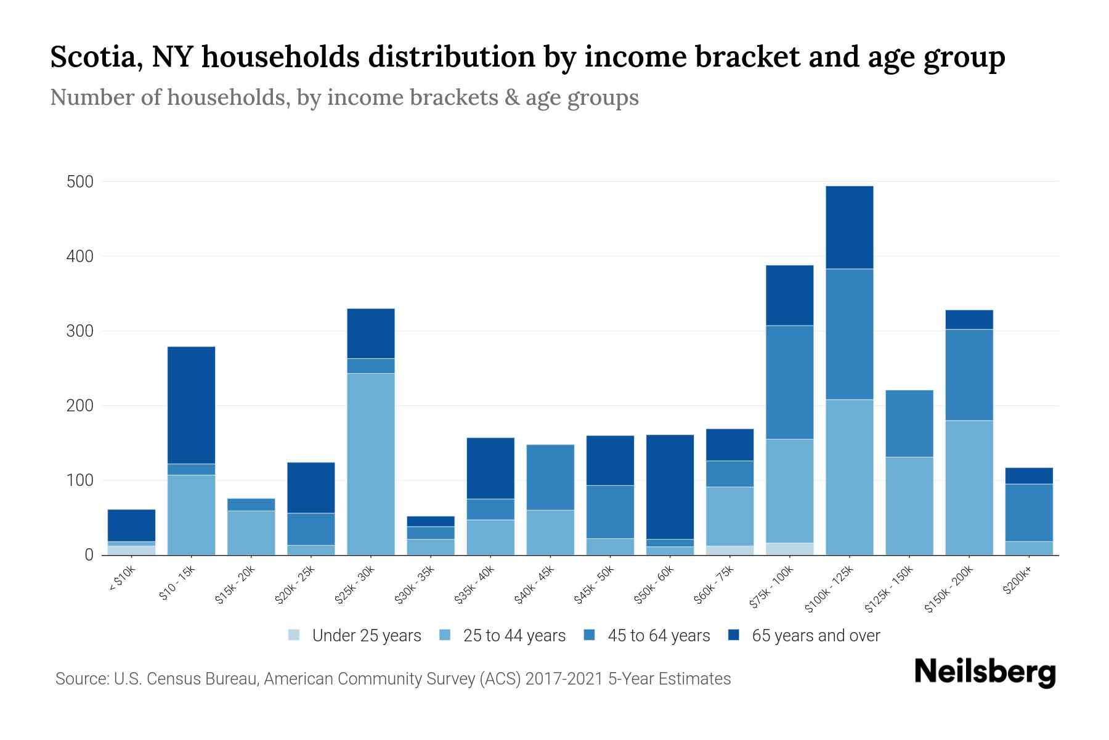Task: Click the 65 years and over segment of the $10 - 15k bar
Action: point(192,405)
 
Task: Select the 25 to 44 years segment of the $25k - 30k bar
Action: point(371,464)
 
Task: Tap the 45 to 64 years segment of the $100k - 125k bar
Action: point(850,334)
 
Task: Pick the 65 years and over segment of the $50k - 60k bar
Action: point(670,487)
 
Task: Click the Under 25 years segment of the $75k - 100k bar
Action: point(789,549)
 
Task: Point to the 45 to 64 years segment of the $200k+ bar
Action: point(1029,512)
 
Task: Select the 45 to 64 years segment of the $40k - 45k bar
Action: point(550,477)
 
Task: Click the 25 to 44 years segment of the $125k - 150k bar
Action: point(909,506)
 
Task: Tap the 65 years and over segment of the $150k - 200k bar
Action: point(969,319)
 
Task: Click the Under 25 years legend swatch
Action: point(294,635)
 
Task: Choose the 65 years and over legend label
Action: point(816,636)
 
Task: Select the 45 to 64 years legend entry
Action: point(647,636)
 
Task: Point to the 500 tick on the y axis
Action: point(80,182)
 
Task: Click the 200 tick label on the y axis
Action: point(80,406)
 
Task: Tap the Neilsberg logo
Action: point(985,672)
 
